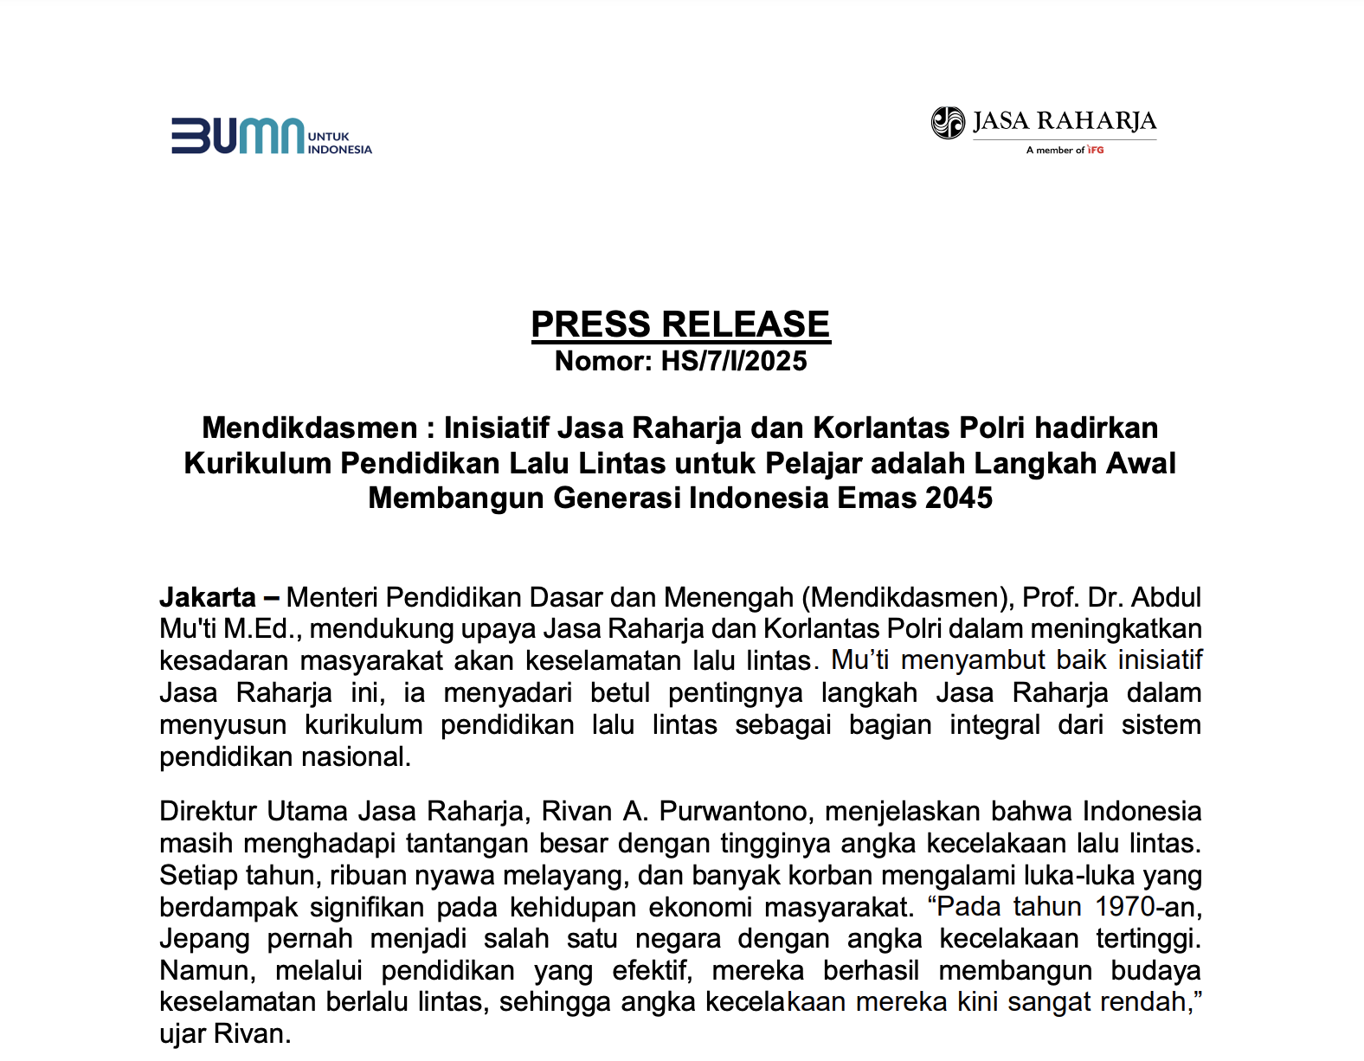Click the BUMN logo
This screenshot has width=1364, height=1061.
pos(270,137)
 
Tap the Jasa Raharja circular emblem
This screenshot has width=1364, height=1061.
pos(948,123)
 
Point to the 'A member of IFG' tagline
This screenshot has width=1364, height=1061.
pos(1065,151)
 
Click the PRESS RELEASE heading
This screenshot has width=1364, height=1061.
pos(680,325)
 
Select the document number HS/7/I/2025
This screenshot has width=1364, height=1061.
pos(734,361)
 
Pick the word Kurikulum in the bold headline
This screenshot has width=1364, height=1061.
pos(257,464)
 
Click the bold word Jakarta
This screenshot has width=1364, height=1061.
pos(208,597)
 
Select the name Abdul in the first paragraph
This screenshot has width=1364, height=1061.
pos(1166,597)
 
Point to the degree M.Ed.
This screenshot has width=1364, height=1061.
pos(261,629)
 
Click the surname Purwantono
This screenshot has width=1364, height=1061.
pos(732,812)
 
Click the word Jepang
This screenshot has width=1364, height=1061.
pos(204,939)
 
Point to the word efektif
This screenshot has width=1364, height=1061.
pos(653,971)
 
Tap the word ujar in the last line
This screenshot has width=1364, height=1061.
pos(183,1034)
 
